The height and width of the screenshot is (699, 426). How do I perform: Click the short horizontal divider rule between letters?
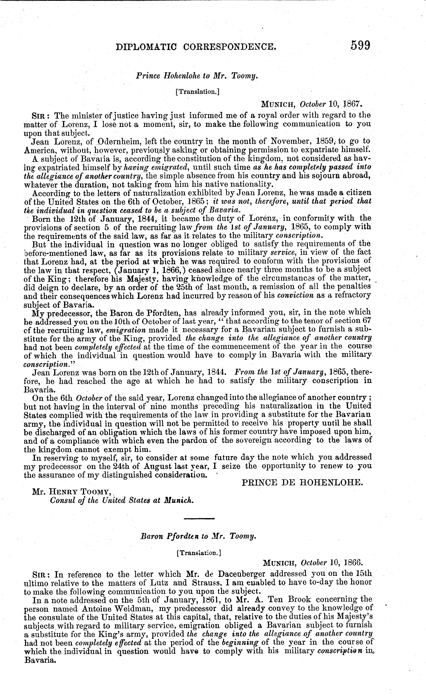[199, 519]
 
